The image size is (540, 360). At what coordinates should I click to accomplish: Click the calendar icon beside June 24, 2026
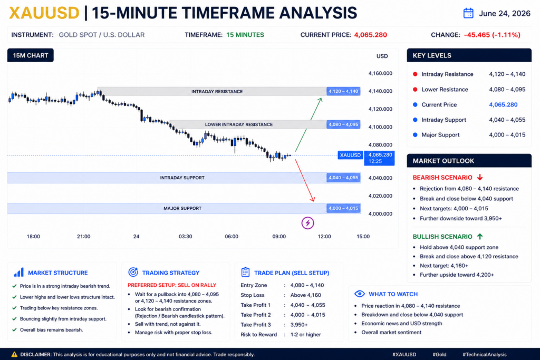(x=468, y=13)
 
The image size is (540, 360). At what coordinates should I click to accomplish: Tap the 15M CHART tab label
(x=30, y=55)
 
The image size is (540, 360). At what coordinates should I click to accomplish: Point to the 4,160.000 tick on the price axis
(x=380, y=73)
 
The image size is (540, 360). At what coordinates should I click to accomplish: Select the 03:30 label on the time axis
(x=185, y=237)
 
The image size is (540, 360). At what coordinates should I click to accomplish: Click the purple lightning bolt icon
(x=307, y=223)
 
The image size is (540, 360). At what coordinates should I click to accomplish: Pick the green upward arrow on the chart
(x=308, y=124)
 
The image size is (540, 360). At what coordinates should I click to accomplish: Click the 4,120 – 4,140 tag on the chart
(x=343, y=91)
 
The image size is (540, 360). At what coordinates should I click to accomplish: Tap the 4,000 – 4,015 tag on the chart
(x=343, y=208)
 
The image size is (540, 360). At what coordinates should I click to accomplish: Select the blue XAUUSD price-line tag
(x=350, y=155)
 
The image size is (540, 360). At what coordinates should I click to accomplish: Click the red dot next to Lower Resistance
(x=415, y=90)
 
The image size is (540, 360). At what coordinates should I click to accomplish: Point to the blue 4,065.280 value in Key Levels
(x=503, y=105)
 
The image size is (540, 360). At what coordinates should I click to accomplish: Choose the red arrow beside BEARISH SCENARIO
(x=480, y=177)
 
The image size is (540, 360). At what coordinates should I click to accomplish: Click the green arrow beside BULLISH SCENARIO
(x=480, y=237)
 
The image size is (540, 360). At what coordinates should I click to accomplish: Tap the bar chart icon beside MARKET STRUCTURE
(x=18, y=272)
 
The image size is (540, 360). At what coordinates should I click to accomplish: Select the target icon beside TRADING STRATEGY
(x=133, y=272)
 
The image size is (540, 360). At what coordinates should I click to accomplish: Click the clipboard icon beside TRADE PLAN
(x=245, y=272)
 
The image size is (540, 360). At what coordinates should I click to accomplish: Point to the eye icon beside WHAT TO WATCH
(x=359, y=294)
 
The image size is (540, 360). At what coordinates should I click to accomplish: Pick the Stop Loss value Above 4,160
(x=305, y=295)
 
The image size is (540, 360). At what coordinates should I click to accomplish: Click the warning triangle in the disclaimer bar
(x=14, y=354)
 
